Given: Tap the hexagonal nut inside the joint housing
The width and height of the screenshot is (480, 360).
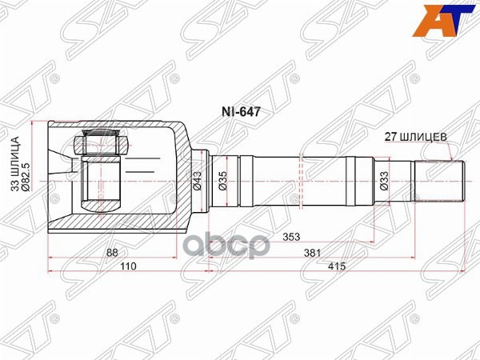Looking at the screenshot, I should click(99, 146).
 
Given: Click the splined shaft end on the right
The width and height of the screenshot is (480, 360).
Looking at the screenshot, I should click(438, 182).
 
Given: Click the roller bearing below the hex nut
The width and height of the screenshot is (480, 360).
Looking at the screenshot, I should click(101, 183).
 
